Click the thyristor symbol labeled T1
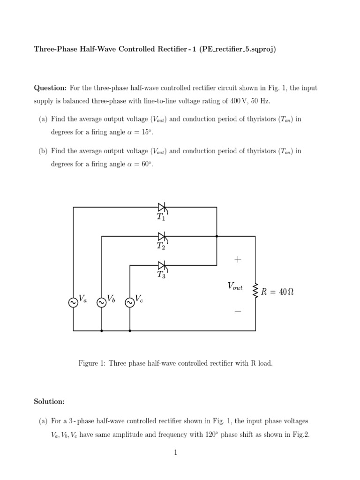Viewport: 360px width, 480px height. [162, 207]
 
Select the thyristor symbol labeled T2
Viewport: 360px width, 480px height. [162, 236]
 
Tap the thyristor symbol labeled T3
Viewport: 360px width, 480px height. [162, 265]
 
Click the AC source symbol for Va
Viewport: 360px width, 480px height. [73, 303]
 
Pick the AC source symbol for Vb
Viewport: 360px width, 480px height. [101, 303]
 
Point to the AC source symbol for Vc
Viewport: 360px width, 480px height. [129, 303]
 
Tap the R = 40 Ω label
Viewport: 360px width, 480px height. [277, 292]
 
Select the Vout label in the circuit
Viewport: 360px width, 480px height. [235, 286]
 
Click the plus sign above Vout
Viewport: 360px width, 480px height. [238, 259]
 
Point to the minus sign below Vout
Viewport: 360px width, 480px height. [238, 311]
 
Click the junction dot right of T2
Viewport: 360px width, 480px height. [217, 236]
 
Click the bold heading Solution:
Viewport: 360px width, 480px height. [49, 402]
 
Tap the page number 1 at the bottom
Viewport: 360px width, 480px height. [175, 453]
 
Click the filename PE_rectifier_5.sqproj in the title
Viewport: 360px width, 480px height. [239, 49]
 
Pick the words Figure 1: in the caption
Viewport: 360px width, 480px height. [92, 363]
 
